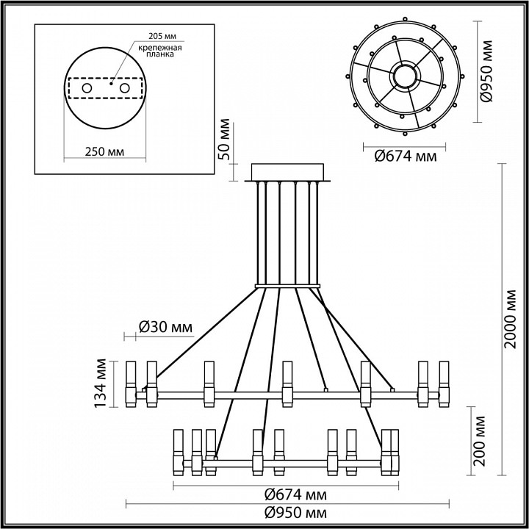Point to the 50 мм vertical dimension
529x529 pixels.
[x=226, y=139]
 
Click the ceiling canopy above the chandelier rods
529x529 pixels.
[x=291, y=171]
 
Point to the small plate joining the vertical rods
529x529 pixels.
[x=289, y=285]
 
